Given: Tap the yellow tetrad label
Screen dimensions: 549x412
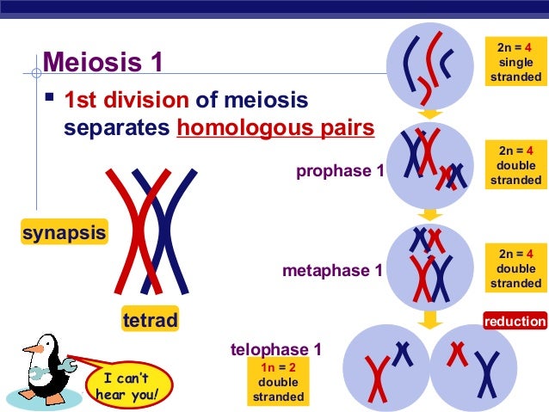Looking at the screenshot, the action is pos(151,321).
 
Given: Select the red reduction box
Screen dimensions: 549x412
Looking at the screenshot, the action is pos(515,322).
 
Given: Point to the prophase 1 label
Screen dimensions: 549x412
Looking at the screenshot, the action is pos(340,171).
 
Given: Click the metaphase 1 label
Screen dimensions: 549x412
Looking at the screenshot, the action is pos(332,271).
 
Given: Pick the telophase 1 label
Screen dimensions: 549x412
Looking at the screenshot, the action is pos(276,349).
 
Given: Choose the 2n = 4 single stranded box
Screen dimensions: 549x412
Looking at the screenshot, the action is pos(515,62).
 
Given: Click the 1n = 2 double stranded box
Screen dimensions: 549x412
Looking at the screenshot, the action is pos(278,383).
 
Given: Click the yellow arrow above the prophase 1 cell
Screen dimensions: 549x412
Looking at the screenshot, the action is pos(431,114).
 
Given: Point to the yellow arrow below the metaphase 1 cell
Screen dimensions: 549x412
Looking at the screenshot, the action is pos(431,318).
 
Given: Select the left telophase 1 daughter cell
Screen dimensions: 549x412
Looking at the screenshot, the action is pos(385,367).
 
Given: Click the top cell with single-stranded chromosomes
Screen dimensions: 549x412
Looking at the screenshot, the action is pos(431,60).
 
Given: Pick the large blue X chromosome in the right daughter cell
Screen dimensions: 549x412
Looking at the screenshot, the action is pos(488,375).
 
